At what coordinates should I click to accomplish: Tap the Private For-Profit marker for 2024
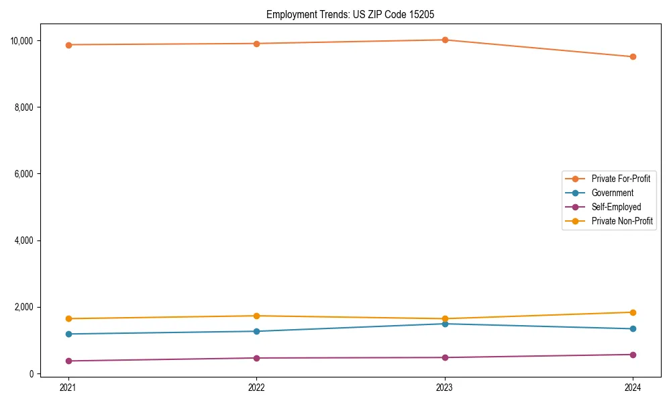click(633, 56)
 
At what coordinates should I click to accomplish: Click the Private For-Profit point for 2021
click(68, 44)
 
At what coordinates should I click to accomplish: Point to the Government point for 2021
click(68, 334)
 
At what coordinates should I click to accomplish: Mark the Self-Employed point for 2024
click(633, 355)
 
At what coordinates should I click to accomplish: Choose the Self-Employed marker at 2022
click(256, 358)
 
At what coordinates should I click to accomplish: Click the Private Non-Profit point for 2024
click(633, 312)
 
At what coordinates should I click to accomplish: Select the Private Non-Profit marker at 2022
click(256, 316)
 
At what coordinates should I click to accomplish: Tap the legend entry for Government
click(612, 193)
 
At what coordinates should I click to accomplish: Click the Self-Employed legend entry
click(616, 207)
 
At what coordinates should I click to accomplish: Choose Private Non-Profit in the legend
click(622, 221)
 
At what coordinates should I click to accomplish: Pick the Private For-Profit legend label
click(620, 179)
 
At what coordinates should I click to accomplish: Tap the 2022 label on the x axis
click(256, 387)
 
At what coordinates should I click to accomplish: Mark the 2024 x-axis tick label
click(633, 387)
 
